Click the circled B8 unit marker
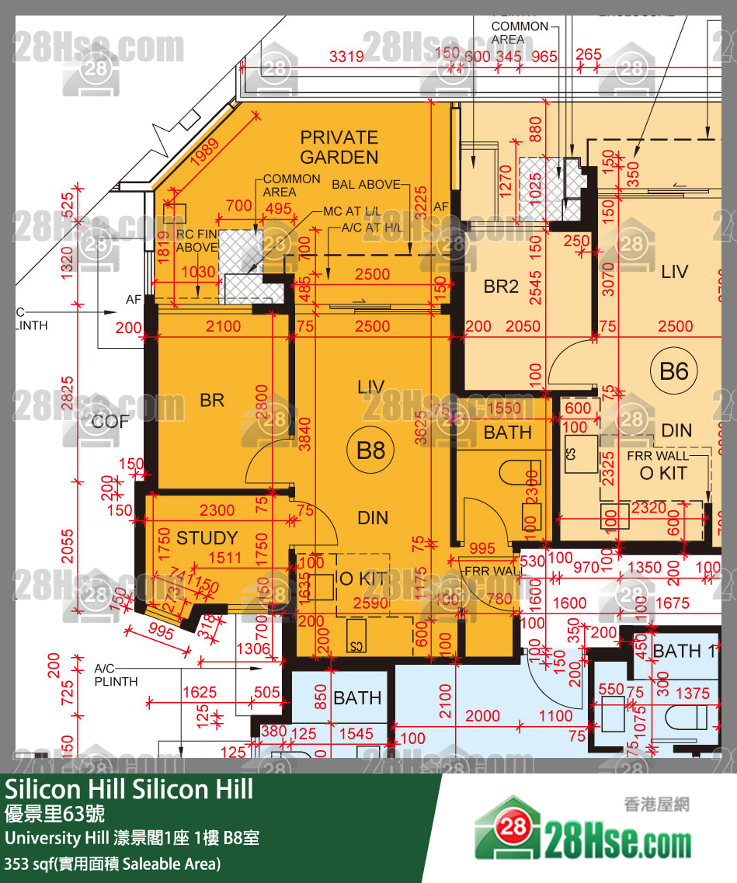pyautogui.click(x=371, y=450)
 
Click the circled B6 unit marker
pyautogui.click(x=674, y=371)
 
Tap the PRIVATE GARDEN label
pyautogui.click(x=339, y=148)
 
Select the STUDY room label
pyautogui.click(x=207, y=538)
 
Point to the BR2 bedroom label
pyautogui.click(x=501, y=287)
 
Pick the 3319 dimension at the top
pyautogui.click(x=346, y=57)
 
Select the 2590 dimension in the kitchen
pyautogui.click(x=370, y=603)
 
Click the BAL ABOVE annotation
pyautogui.click(x=366, y=185)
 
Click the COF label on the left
pyautogui.click(x=109, y=422)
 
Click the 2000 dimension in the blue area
pyautogui.click(x=483, y=716)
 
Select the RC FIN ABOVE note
pyautogui.click(x=196, y=241)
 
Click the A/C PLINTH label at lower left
pyautogui.click(x=116, y=675)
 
